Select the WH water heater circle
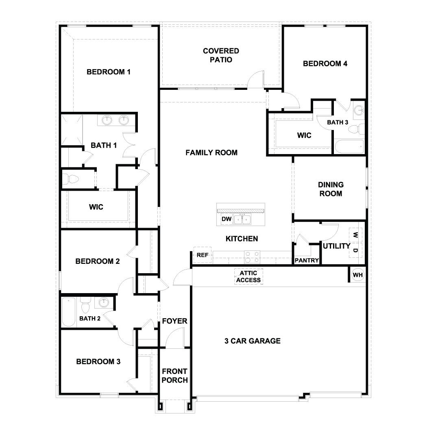(x=357, y=275)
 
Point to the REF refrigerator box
(x=202, y=255)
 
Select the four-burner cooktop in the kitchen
(x=252, y=257)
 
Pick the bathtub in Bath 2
(x=69, y=312)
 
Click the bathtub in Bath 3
(x=349, y=146)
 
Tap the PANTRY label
(x=307, y=261)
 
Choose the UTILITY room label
(x=336, y=246)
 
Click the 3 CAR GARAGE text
(x=252, y=341)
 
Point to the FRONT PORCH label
(x=174, y=376)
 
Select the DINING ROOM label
(x=330, y=189)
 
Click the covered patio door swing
(x=257, y=79)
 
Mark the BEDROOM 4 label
(x=325, y=63)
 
